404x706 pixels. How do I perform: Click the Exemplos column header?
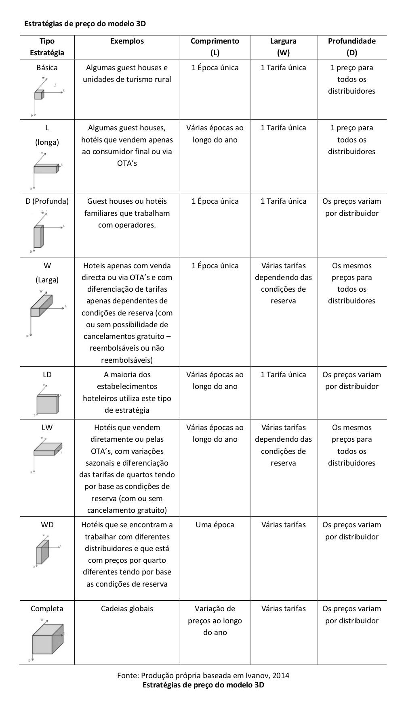click(x=127, y=41)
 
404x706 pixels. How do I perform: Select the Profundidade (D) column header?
click(x=351, y=46)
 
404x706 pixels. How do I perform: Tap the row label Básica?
click(x=47, y=68)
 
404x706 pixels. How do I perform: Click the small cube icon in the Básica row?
click(x=39, y=95)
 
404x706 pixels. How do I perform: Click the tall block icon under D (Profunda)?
click(x=38, y=237)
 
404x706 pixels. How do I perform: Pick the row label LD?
click(x=47, y=375)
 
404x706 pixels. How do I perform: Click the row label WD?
click(x=47, y=525)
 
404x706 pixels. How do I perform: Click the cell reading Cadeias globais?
click(x=127, y=609)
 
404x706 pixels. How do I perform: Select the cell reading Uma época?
click(x=215, y=525)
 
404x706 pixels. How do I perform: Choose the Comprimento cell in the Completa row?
click(x=215, y=620)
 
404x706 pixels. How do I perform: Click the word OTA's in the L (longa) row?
click(x=127, y=163)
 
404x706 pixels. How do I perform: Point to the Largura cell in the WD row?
click(x=283, y=525)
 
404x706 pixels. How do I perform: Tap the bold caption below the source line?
click(x=203, y=685)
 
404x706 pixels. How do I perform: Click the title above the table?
click(x=85, y=24)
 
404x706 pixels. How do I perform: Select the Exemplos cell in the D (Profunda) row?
click(x=127, y=213)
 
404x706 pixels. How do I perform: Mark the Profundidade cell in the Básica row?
click(x=351, y=79)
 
